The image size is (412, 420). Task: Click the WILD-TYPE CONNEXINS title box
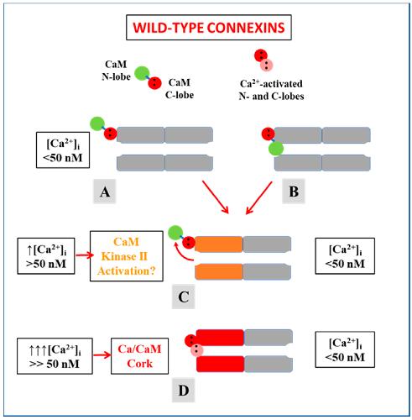tap(209, 28)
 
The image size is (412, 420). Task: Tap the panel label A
tap(105, 192)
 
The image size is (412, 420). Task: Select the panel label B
tap(294, 192)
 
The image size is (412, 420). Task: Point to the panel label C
tap(183, 297)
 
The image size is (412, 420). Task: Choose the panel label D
tap(183, 390)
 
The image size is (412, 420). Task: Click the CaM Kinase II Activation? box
tap(127, 256)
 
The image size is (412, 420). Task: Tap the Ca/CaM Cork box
tap(139, 356)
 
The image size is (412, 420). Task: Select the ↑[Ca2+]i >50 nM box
tap(46, 256)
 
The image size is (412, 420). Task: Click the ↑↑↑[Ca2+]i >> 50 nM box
tap(55, 356)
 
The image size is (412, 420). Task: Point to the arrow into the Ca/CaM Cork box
tap(102, 355)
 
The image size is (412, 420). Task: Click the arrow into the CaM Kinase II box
tap(85, 255)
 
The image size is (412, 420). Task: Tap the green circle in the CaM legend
tap(142, 73)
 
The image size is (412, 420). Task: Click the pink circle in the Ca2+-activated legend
tap(267, 65)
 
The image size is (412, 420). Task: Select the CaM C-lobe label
tap(180, 88)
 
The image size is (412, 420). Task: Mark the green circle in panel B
tap(276, 149)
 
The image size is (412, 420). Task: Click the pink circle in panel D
tap(197, 349)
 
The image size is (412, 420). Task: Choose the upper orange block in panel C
tap(219, 244)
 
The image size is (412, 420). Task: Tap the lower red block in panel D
tap(221, 364)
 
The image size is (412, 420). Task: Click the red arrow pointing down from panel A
tap(216, 197)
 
